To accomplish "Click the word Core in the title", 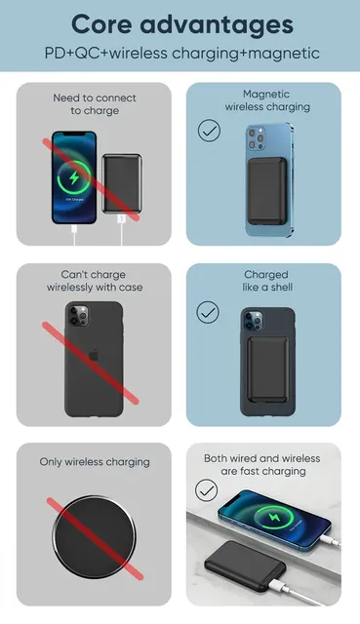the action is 101,24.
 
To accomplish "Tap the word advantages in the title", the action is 217,25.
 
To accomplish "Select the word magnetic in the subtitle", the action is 284,54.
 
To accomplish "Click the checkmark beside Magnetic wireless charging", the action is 209,131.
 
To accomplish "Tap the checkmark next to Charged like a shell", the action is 208,312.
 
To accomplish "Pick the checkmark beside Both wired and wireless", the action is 206,489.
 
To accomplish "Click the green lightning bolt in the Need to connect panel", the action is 74,177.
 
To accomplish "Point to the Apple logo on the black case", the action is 94,355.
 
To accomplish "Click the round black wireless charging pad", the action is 94,537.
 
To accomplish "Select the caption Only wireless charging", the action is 95,462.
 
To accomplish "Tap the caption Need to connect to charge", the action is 95,104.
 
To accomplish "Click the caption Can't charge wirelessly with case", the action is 95,281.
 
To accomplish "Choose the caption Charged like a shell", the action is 267,281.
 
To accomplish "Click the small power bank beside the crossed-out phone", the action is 122,184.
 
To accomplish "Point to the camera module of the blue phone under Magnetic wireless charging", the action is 257,138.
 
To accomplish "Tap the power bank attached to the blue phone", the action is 266,191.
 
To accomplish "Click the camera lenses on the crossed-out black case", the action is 78,316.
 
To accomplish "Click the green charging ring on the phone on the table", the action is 274,518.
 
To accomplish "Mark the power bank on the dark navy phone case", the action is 268,369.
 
